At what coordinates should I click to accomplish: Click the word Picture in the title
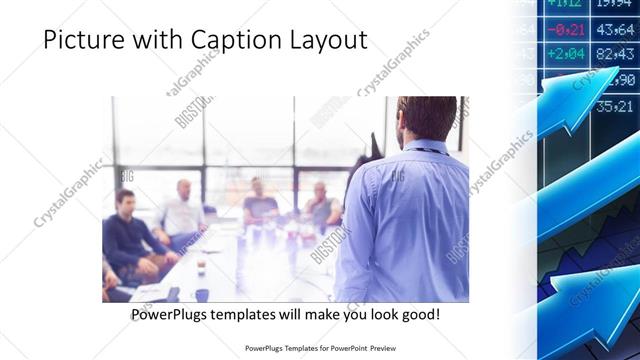[83, 40]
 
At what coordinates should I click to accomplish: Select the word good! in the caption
[417, 315]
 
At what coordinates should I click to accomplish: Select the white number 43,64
[615, 30]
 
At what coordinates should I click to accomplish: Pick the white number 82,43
[615, 54]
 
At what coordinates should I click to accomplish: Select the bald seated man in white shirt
[182, 212]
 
